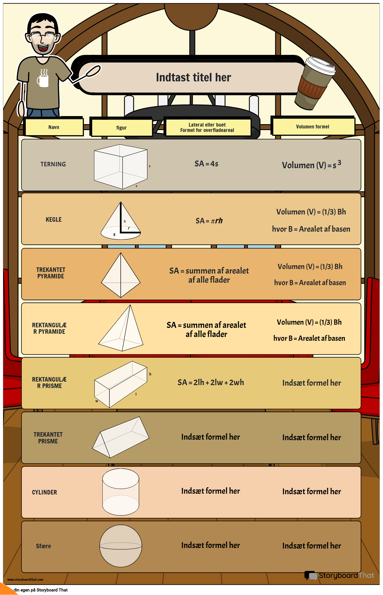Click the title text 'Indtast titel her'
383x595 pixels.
(x=194, y=77)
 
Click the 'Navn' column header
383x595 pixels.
(x=54, y=127)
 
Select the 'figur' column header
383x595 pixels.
(x=121, y=128)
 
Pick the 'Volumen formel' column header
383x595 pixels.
(x=313, y=127)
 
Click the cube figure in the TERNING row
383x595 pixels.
(x=121, y=167)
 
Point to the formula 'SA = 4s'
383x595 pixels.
(x=206, y=164)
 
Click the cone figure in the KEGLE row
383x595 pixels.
(x=121, y=222)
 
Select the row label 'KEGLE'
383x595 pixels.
(x=53, y=220)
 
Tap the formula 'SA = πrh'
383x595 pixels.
(x=209, y=221)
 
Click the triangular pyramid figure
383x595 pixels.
(x=121, y=275)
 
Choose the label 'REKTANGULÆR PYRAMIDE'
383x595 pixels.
(x=49, y=328)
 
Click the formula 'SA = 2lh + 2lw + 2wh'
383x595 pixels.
(x=211, y=382)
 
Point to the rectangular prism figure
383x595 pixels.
(x=121, y=384)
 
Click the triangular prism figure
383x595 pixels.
(x=121, y=438)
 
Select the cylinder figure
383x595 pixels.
(x=121, y=492)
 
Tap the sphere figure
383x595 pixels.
(x=121, y=546)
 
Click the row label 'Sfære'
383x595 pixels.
(x=44, y=546)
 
